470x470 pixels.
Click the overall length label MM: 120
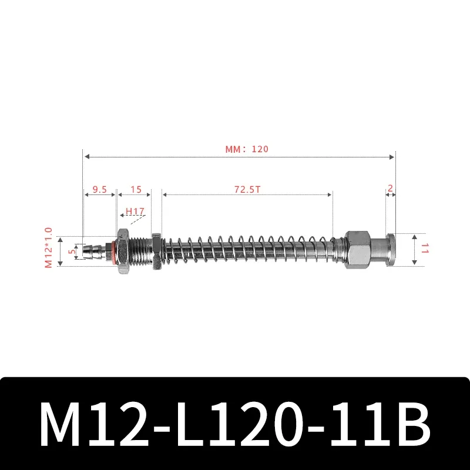click(x=246, y=149)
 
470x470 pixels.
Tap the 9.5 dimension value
click(x=99, y=189)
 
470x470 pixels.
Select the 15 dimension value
click(x=136, y=189)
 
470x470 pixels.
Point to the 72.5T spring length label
click(x=247, y=189)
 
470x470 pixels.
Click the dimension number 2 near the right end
click(x=390, y=189)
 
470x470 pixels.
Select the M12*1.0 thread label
click(x=49, y=248)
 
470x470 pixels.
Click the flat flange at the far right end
click(x=391, y=248)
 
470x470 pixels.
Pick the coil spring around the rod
click(x=247, y=250)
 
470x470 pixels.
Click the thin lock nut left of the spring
click(x=156, y=251)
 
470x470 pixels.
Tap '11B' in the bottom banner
click(x=381, y=424)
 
